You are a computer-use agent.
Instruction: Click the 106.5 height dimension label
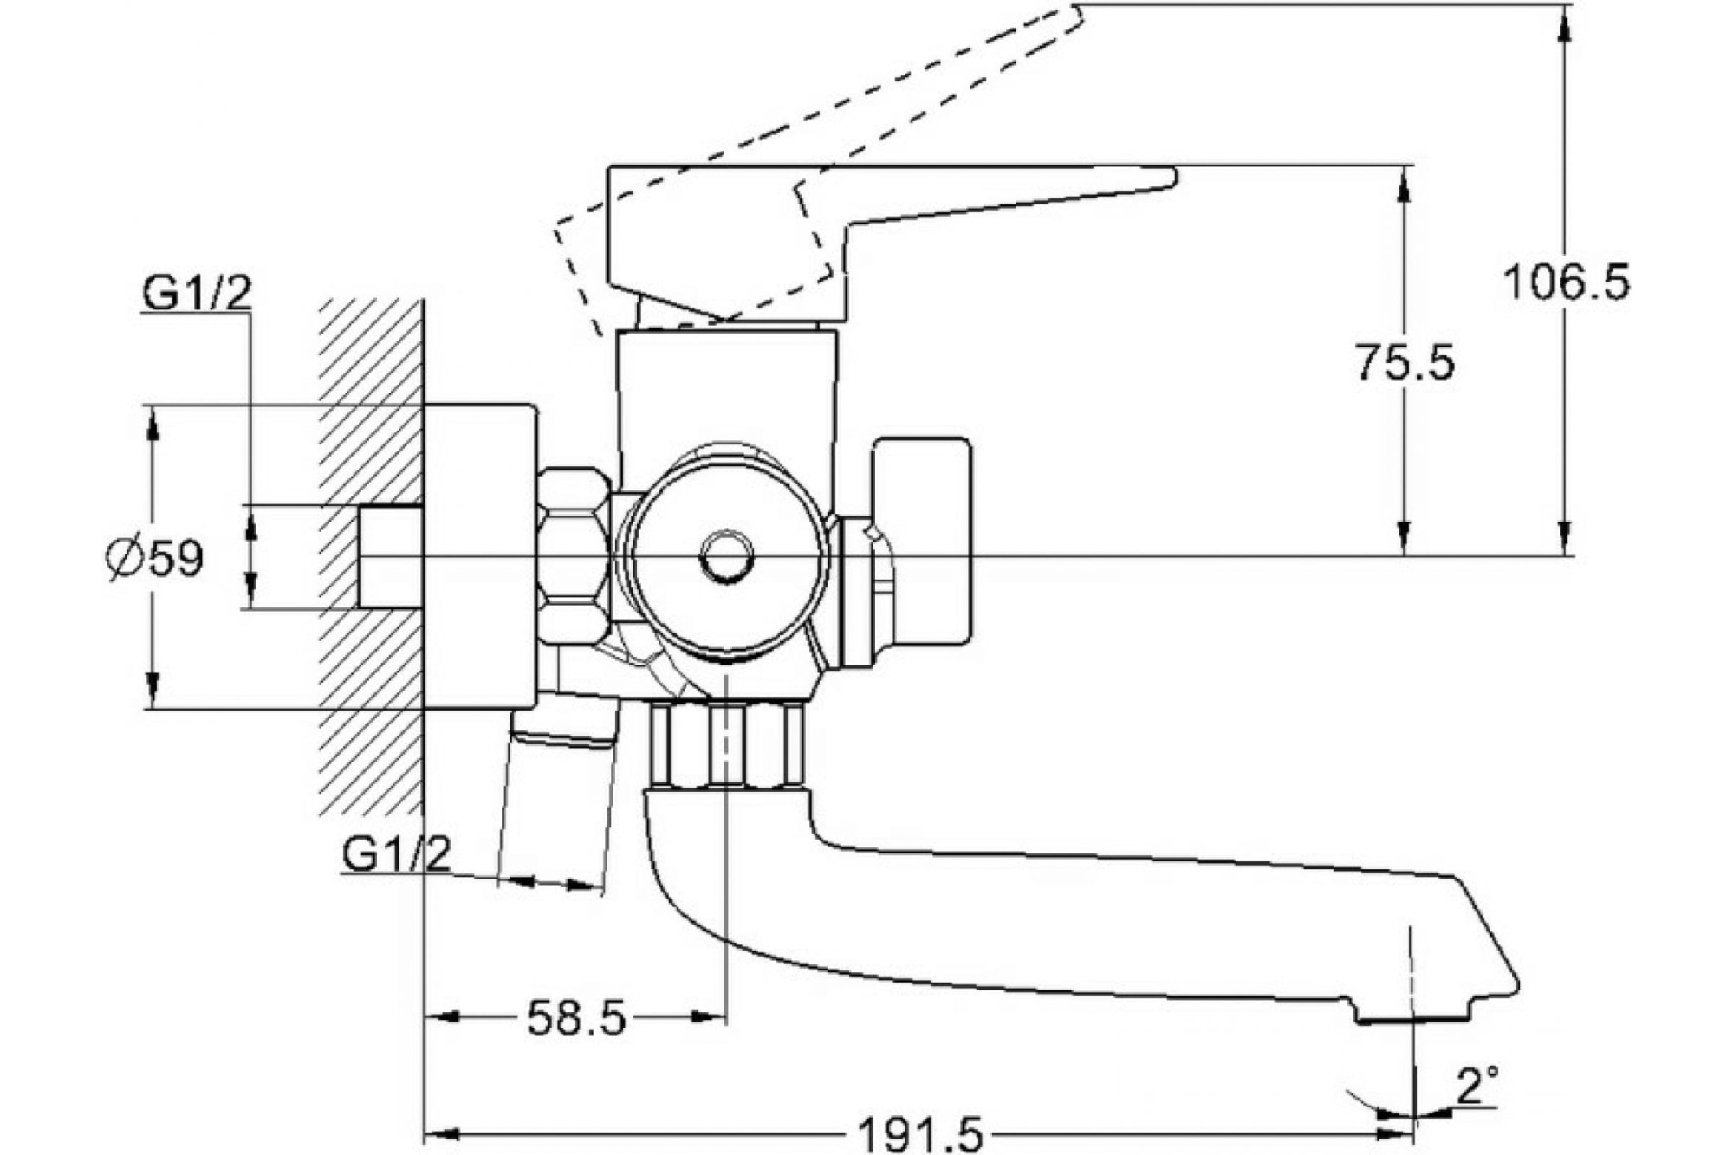click(1566, 282)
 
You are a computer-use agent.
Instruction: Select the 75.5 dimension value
click(1405, 362)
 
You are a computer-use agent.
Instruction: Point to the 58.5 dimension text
click(576, 1018)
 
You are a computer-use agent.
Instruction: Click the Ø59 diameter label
click(155, 559)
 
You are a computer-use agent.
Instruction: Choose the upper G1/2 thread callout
click(197, 294)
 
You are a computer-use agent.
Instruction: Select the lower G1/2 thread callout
click(396, 854)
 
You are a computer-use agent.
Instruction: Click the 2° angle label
click(1477, 1087)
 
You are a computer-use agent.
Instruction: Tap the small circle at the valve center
click(726, 557)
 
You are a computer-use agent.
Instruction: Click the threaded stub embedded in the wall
click(390, 556)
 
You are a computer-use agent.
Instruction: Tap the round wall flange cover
click(479, 556)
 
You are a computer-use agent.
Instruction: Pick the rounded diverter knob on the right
click(923, 542)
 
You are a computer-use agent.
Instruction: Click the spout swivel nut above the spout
click(726, 746)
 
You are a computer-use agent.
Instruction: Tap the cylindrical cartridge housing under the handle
click(728, 386)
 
